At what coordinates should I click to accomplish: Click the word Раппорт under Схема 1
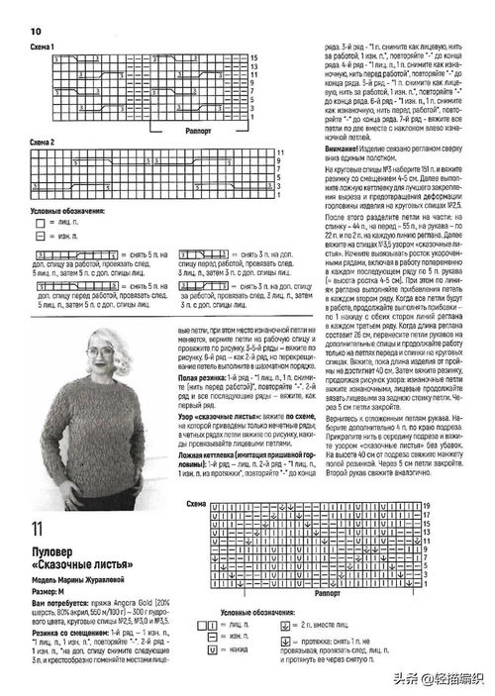[195, 130]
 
